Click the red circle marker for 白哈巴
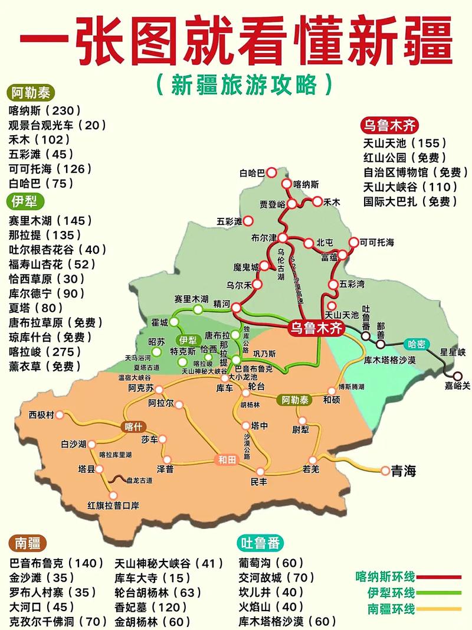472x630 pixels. (x=271, y=172)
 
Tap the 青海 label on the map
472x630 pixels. (x=403, y=471)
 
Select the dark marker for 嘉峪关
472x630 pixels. (x=458, y=376)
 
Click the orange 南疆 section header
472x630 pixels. (x=28, y=543)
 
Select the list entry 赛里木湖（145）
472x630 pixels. (x=50, y=220)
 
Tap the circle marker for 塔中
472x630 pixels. (x=245, y=425)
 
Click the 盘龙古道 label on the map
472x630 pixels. (x=139, y=481)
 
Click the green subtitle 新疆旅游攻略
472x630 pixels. (x=244, y=84)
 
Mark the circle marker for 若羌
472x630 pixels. (x=313, y=460)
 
